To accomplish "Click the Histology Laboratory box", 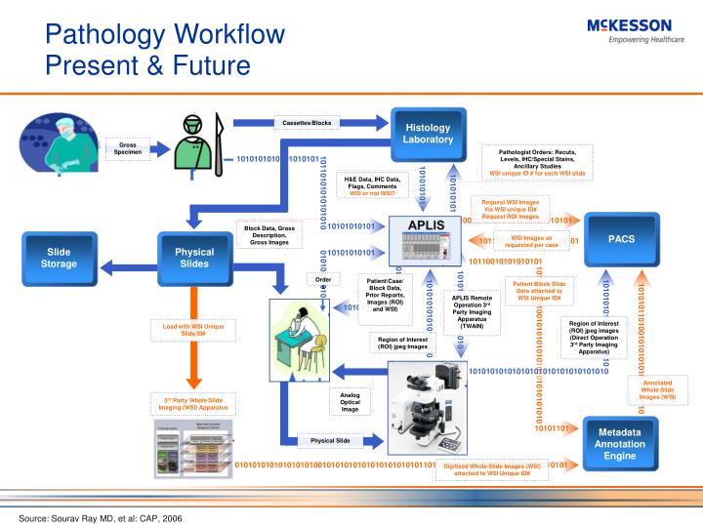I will click(x=428, y=133).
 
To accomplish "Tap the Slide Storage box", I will click(x=59, y=258).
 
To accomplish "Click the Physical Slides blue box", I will click(x=194, y=258).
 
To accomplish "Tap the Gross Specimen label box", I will click(x=128, y=148).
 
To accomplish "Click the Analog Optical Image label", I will click(x=350, y=401).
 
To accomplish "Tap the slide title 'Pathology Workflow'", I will click(x=166, y=36).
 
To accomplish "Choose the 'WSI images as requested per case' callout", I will click(x=532, y=240).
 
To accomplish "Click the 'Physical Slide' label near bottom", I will click(x=330, y=440).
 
